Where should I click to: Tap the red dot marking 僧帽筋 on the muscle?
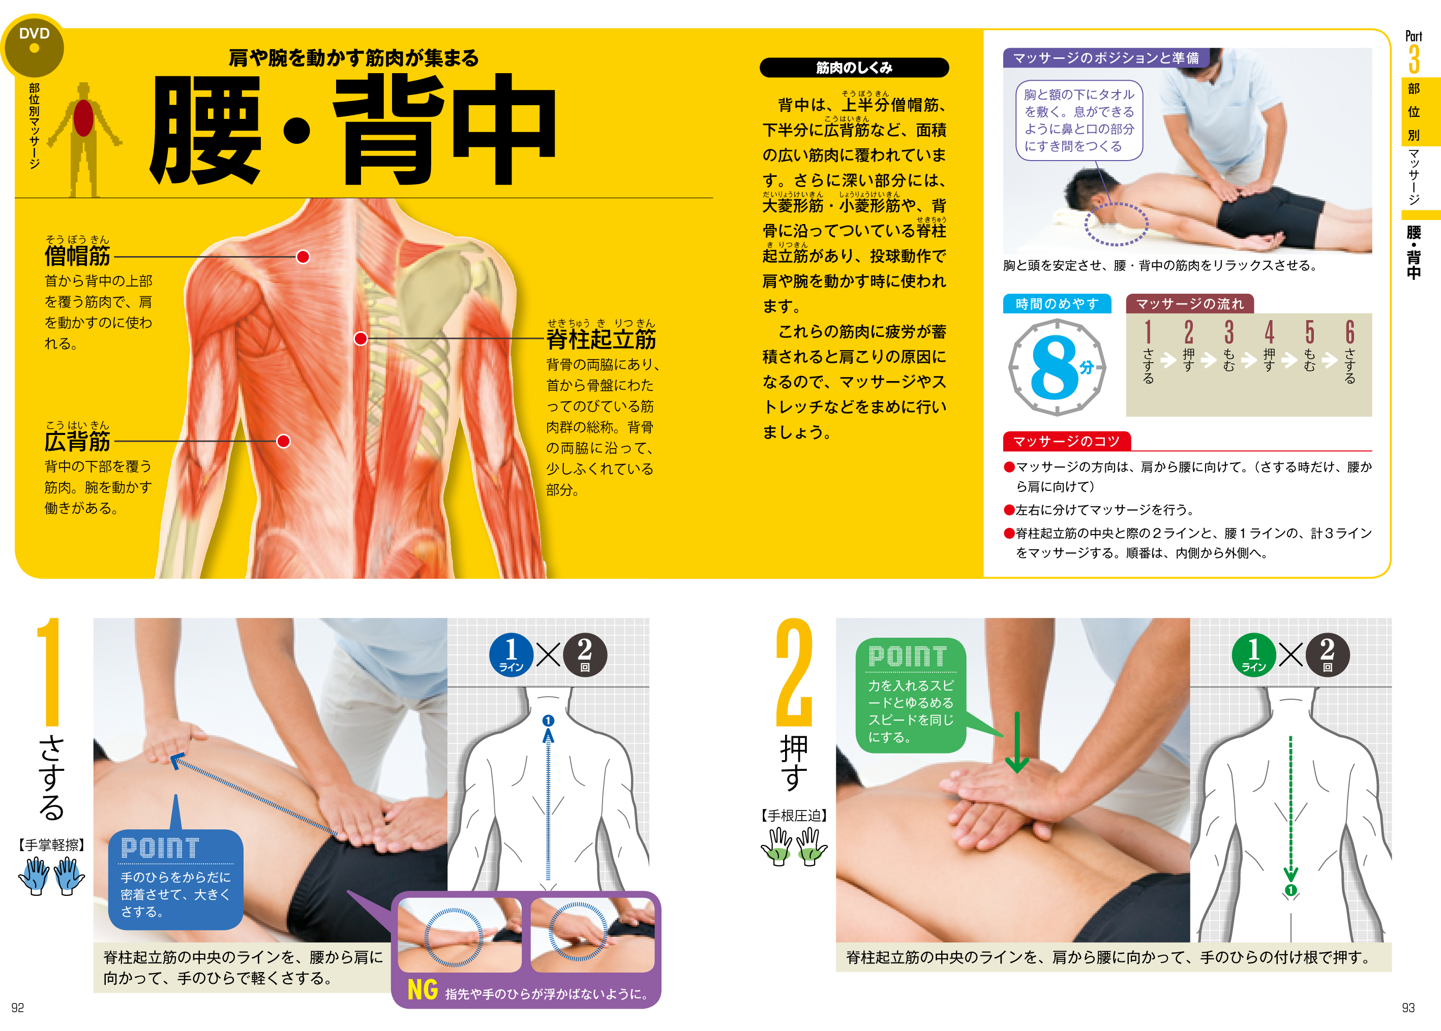pos(303,257)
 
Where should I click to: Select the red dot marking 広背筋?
pos(283,441)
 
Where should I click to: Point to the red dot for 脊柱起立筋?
pos(361,339)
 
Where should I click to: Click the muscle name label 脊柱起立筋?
pos(601,339)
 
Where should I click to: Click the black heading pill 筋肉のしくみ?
pos(854,67)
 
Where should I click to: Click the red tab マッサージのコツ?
pos(1066,441)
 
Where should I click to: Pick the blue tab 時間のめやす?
pos(1057,304)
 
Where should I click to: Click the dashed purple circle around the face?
pos(1116,224)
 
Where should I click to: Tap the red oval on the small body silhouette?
pos(83,117)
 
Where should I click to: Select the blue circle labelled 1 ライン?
pos(511,654)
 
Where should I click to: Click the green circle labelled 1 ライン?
pos(1254,654)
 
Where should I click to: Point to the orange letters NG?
pos(423,990)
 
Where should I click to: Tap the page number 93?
pos(1408,1008)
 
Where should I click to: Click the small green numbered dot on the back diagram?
pos(1290,890)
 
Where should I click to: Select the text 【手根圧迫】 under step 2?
pos(793,816)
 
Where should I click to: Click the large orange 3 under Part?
pos(1414,59)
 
